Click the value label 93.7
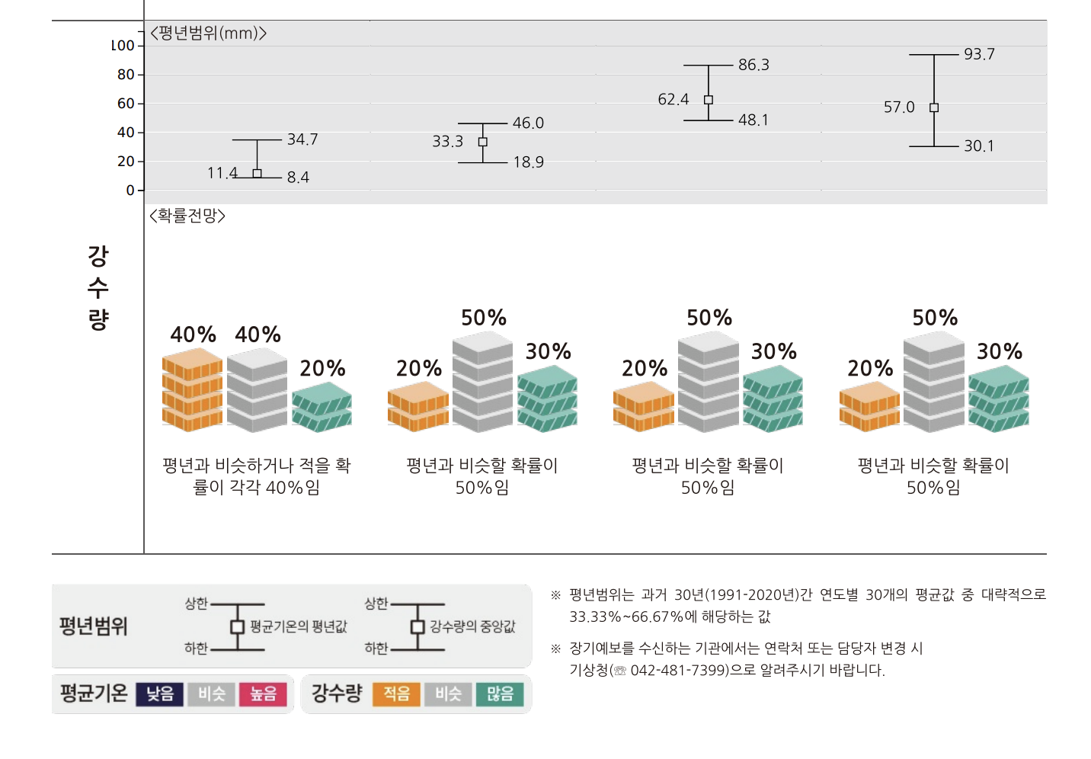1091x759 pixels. click(978, 54)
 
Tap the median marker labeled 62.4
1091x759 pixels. click(709, 100)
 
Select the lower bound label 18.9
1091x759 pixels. click(528, 162)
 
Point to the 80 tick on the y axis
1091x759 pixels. click(126, 75)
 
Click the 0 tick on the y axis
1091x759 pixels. click(130, 191)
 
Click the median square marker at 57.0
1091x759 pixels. click(934, 107)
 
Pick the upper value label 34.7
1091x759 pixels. click(302, 139)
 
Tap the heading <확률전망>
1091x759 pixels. click(187, 216)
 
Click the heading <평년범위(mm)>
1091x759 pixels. click(208, 34)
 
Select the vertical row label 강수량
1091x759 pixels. click(98, 287)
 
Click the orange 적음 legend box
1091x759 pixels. click(396, 694)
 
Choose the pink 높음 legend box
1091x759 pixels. click(264, 694)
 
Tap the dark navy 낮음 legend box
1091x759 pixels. click(160, 694)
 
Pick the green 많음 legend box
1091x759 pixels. click(500, 694)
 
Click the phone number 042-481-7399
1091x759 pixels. click(679, 671)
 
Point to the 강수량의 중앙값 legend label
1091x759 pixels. click(472, 626)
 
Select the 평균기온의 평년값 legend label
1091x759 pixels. click(298, 626)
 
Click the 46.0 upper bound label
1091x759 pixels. click(528, 123)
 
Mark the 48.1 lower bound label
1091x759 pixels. click(753, 120)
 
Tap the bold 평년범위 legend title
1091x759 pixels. click(94, 626)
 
